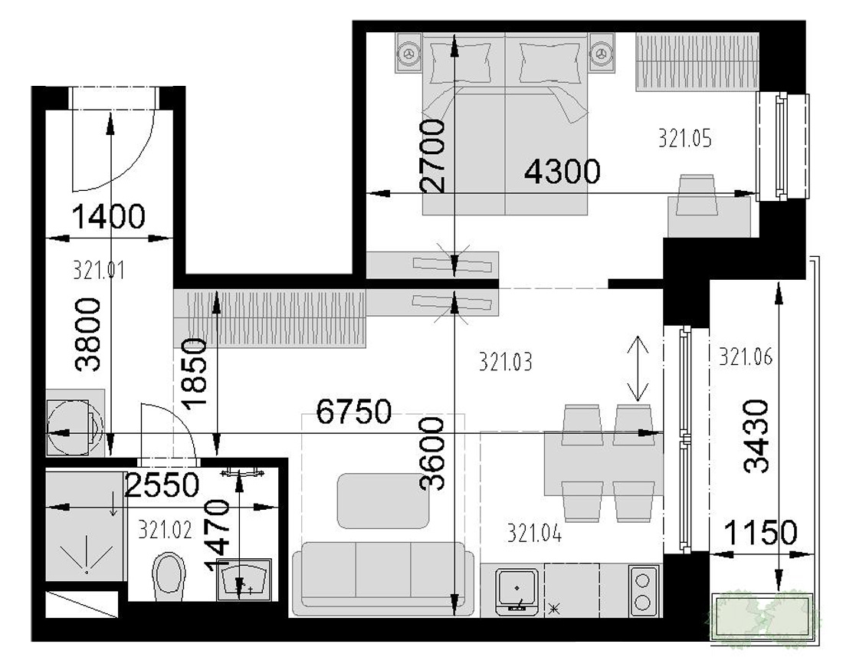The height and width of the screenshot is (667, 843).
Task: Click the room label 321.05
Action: click(x=684, y=138)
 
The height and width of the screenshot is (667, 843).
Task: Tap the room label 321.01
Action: click(x=99, y=270)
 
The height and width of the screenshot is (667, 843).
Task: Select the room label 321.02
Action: click(x=165, y=531)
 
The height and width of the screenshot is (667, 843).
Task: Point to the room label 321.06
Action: click(x=746, y=356)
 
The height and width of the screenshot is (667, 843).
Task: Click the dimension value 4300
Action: click(x=562, y=172)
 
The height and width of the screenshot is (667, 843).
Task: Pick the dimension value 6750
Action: click(x=354, y=412)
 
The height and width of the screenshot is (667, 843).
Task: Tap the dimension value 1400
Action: click(x=108, y=217)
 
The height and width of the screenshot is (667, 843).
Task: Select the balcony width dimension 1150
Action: click(x=760, y=533)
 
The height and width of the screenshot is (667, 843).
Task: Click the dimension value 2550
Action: click(x=162, y=485)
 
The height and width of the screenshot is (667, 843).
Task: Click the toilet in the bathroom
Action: click(x=169, y=576)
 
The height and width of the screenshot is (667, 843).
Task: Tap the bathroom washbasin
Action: click(x=244, y=580)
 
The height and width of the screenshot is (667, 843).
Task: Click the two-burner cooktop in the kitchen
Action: click(x=643, y=590)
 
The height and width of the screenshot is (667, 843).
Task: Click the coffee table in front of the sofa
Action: click(x=382, y=501)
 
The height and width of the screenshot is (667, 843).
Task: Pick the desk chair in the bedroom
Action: click(x=697, y=195)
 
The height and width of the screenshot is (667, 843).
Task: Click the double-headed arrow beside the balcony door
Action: click(x=638, y=369)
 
